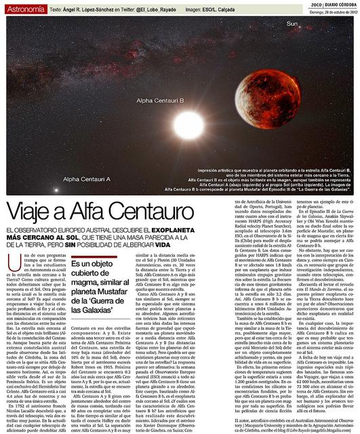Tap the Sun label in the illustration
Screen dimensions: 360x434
[x=292, y=24]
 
